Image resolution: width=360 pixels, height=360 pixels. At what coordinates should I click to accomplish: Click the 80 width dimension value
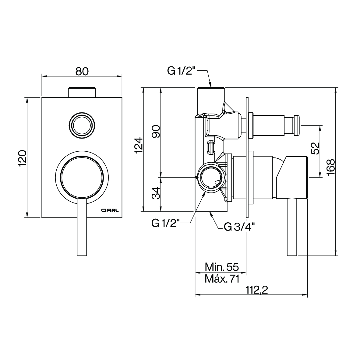tap(82, 71)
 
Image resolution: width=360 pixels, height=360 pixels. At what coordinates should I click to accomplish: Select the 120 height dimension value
tap(23, 158)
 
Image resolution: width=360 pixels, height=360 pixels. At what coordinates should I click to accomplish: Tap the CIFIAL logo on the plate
tap(110, 210)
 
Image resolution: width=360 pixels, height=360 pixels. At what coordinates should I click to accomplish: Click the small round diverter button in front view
tap(82, 125)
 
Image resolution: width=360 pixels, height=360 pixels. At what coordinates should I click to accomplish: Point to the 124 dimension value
tap(139, 145)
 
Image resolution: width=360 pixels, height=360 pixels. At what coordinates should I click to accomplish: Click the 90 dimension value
tap(156, 131)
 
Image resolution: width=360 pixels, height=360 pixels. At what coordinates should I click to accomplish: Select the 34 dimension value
tap(156, 193)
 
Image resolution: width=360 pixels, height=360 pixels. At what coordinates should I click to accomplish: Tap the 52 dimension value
tap(315, 148)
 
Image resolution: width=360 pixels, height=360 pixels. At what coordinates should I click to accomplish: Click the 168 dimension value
tap(331, 168)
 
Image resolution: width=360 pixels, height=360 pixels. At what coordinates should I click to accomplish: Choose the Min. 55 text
tap(222, 267)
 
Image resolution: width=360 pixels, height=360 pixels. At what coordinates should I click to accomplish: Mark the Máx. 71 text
tap(222, 279)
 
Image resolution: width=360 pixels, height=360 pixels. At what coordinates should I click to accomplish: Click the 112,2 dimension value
tap(257, 290)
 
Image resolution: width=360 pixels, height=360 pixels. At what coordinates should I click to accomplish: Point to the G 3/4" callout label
tap(239, 227)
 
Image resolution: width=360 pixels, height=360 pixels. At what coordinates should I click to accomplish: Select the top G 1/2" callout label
tap(181, 71)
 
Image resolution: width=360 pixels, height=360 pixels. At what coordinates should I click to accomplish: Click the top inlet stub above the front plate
tap(82, 92)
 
